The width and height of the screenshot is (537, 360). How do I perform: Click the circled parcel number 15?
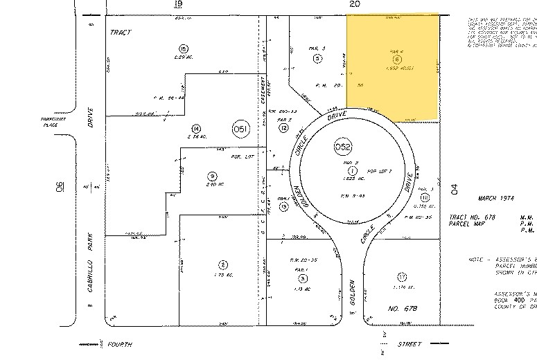tap(183, 48)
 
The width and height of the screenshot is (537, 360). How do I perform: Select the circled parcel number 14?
tap(197, 128)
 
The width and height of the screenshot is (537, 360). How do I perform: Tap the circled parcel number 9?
tap(211, 177)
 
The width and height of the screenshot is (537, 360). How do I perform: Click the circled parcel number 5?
tap(317, 59)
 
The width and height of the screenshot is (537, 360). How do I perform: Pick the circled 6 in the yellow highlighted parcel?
tap(397, 60)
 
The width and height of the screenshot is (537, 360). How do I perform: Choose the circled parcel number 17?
tap(403, 278)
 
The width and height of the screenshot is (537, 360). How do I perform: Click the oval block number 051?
tap(240, 128)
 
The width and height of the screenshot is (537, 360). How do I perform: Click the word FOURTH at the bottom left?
tap(118, 344)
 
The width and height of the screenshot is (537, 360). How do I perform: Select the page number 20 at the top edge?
tap(355, 4)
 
